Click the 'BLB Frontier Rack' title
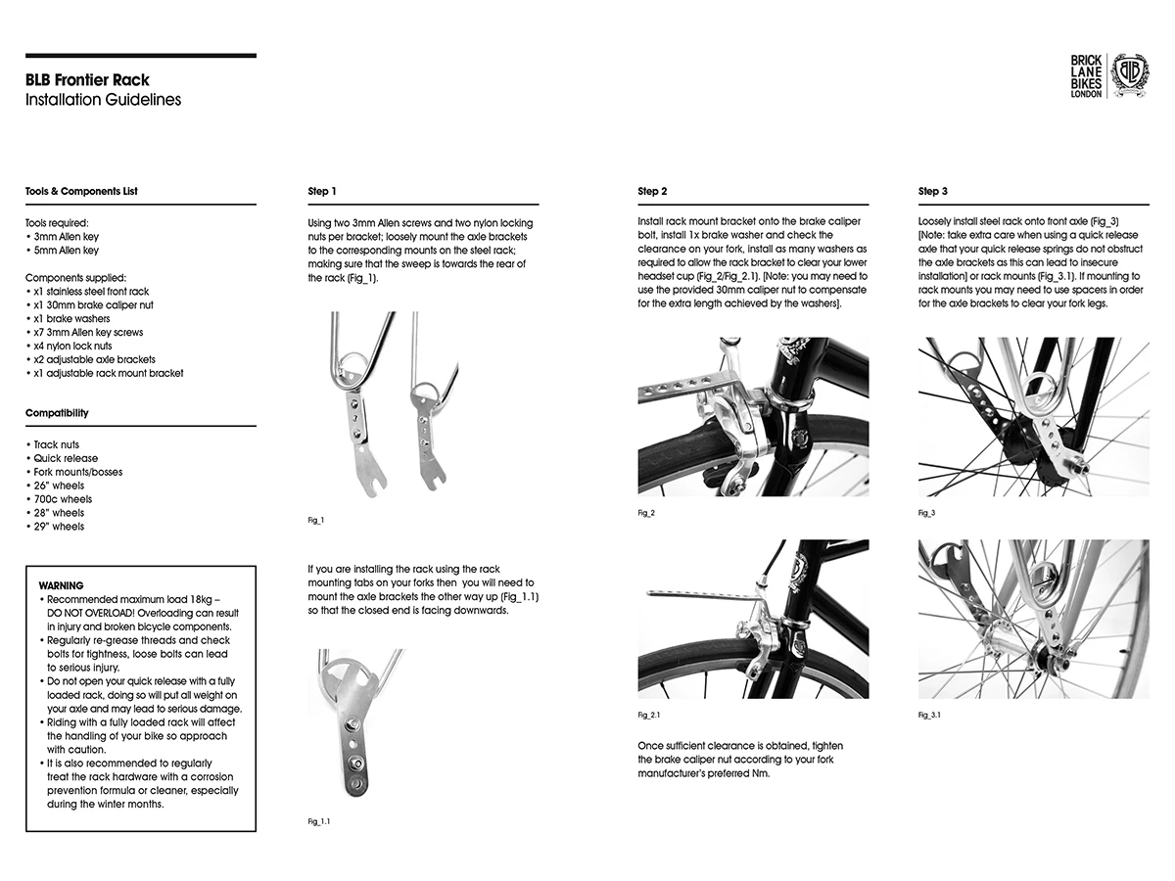87,80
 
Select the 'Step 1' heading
322,191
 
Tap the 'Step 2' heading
652,191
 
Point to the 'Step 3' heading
933,191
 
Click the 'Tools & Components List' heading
81,191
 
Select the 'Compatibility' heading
57,413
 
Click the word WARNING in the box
61,585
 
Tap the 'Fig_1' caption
315,520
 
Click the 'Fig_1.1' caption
319,821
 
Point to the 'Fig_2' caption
645,513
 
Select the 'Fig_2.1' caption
649,716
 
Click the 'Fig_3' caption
926,513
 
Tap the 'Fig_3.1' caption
930,716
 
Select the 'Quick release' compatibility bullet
65,458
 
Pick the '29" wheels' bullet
58,527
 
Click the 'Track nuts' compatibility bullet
59,444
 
